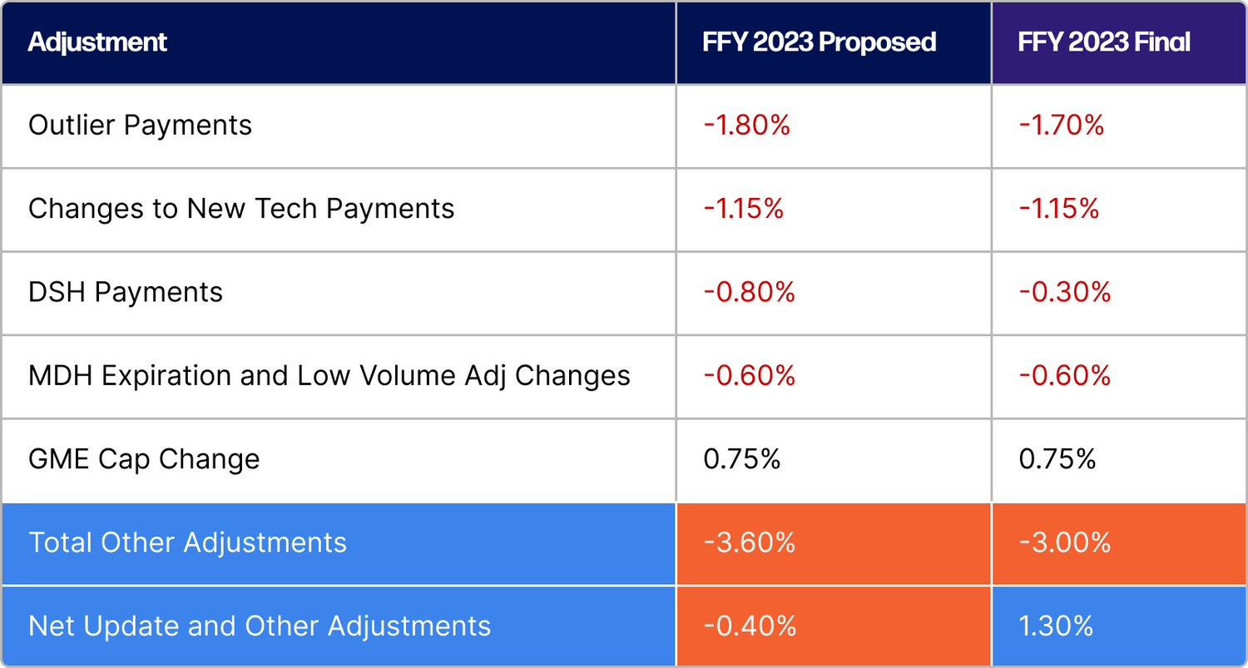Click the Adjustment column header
coord(97,42)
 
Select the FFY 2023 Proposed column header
coord(819,42)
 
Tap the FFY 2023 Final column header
coord(1103,42)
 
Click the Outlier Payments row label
coord(140,126)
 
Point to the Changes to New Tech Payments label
coord(241,209)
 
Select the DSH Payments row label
coord(126,293)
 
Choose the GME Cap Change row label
coord(144,459)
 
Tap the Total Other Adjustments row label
coord(187,543)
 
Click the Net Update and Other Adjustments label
coord(260,626)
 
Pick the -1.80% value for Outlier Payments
coord(746,126)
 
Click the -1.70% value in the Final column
coord(1062,126)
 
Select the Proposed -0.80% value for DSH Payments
coord(749,293)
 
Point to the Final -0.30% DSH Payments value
coord(1064,293)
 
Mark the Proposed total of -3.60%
coord(749,543)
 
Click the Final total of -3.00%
coord(1064,543)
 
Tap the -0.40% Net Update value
coord(749,626)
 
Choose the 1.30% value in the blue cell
coord(1056,626)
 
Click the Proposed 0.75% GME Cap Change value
coord(741,459)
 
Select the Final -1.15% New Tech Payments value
coord(1059,209)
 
